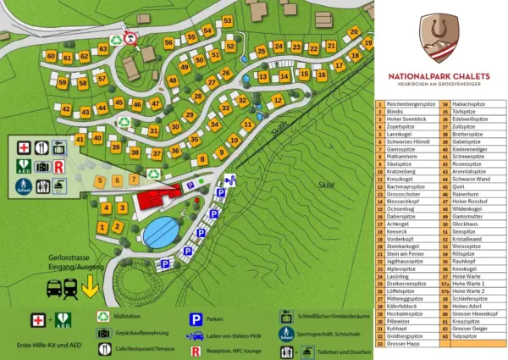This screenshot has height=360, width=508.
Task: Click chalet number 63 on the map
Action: point(102,49)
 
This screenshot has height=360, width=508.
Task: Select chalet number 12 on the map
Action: point(278,100)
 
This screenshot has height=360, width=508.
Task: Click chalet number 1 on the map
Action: point(103,227)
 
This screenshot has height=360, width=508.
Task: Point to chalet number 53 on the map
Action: point(228,22)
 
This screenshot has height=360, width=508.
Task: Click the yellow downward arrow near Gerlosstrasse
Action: point(90,288)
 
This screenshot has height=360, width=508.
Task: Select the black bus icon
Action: point(53,289)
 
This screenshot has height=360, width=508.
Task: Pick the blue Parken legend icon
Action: point(194,319)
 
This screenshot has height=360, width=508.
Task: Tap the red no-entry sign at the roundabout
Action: point(130,37)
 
